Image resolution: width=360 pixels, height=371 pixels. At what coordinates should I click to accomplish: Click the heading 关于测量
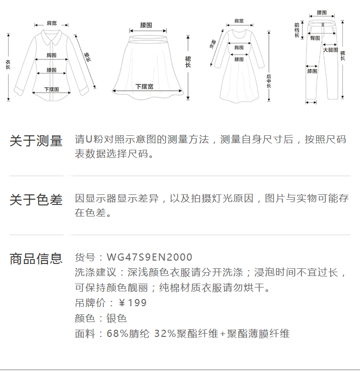pos(36,141)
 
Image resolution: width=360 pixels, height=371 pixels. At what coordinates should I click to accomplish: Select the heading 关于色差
pos(36,200)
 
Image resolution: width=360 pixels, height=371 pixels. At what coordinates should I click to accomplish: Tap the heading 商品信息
pos(36,259)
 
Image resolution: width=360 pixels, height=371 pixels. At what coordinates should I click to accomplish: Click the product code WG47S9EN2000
pos(149,258)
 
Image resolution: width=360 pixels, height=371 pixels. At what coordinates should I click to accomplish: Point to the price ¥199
pos(132,303)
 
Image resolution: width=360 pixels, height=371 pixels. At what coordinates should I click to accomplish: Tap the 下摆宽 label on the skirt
pos(144,86)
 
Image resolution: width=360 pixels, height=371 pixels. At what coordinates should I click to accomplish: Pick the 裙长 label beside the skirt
pos(188,62)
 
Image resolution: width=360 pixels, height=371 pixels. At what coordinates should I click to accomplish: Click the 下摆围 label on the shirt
pos(51,89)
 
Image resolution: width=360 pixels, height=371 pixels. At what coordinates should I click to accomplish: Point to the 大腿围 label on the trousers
pos(330,50)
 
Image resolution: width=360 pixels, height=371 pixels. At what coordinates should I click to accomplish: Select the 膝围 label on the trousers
pos(312,71)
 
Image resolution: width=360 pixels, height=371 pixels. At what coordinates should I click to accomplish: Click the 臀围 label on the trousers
pos(315,37)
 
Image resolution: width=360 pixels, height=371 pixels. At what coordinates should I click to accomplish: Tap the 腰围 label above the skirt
pos(146,25)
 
